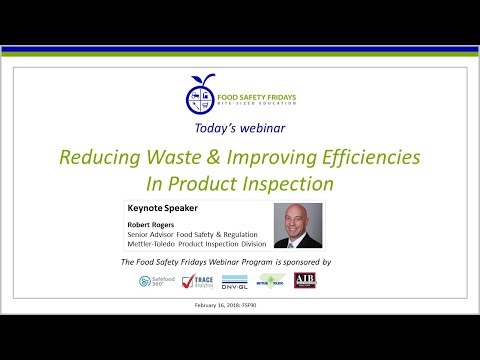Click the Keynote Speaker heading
[163, 209]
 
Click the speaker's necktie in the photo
[299, 243]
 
